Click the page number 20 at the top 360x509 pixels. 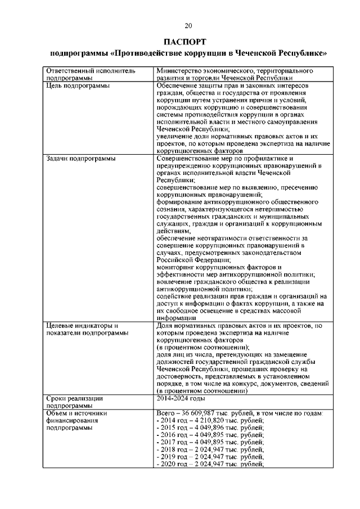tap(188, 25)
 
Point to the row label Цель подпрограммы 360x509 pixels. tap(77, 85)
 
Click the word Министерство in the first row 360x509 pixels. tap(181, 71)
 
